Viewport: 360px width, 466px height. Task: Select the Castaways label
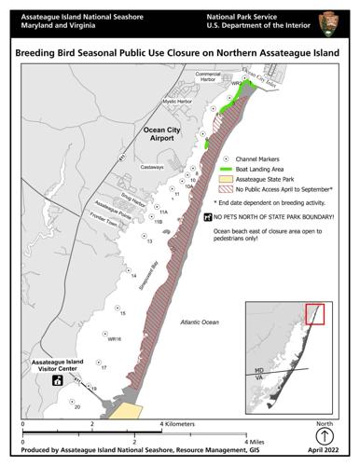tap(154, 167)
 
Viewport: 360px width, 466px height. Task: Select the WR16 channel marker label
tap(114, 339)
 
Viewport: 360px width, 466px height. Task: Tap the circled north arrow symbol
tap(324, 435)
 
